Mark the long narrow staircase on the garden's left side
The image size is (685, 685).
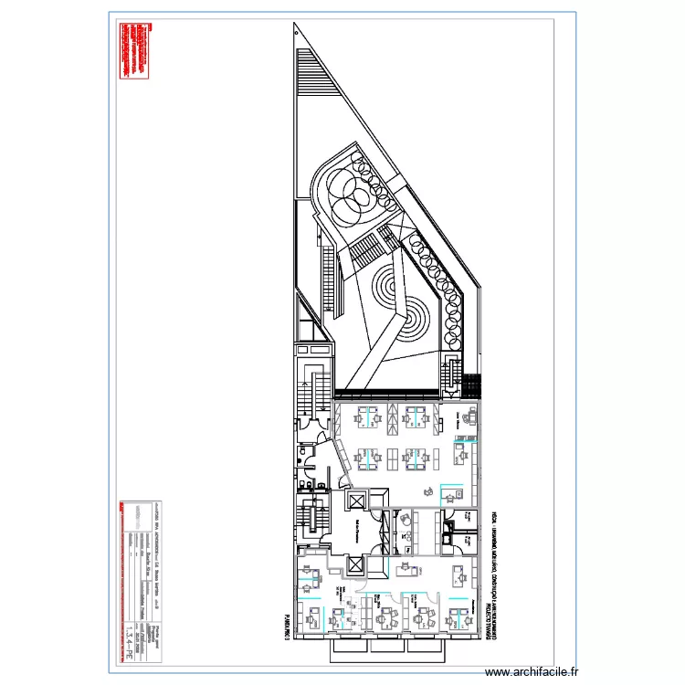click(x=322, y=275)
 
